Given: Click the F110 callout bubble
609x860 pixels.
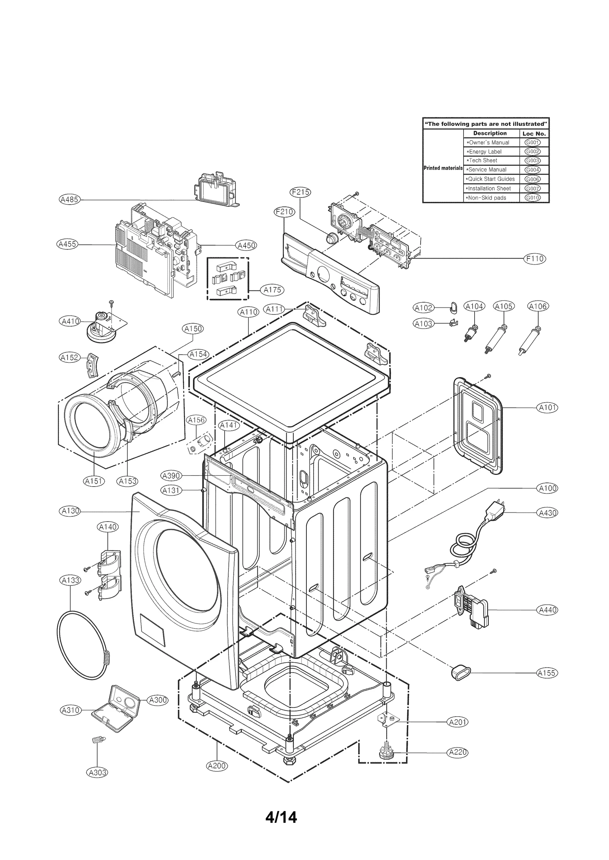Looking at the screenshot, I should point(535,259).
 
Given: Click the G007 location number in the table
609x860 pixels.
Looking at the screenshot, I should point(532,188).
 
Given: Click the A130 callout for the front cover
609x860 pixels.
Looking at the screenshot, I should point(70,511).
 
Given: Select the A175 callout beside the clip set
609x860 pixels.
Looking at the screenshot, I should point(273,290).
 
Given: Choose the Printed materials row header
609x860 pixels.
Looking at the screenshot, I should point(443,168).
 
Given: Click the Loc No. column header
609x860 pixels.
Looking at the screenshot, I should point(534,133).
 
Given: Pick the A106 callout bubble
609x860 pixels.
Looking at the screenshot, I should point(538,306).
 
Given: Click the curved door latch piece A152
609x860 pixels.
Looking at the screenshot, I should point(92,365).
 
